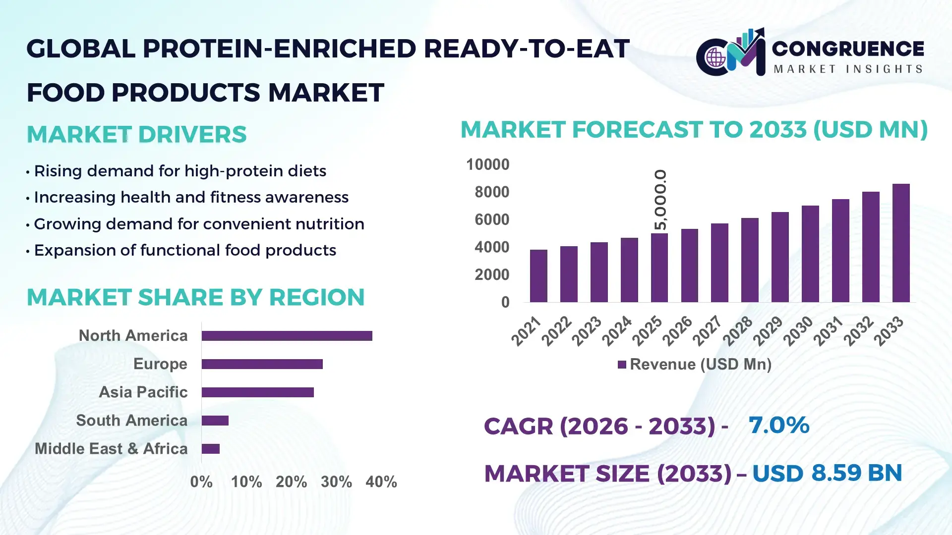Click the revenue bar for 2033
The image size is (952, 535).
tap(901, 243)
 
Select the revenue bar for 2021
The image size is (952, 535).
tap(538, 276)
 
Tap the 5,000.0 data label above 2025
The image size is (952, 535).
tap(660, 200)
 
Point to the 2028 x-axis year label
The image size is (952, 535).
tap(737, 331)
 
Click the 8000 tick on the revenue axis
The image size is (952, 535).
tap(491, 192)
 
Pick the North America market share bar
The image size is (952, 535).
tap(287, 336)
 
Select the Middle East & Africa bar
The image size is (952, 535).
tap(211, 449)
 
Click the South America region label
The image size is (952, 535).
tap(131, 421)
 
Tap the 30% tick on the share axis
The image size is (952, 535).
tap(336, 482)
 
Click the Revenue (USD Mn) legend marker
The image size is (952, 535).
tap(622, 365)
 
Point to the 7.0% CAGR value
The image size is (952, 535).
tap(778, 425)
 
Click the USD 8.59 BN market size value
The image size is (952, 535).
tap(827, 473)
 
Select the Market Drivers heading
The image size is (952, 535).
tap(136, 135)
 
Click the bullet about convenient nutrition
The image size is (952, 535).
tap(199, 224)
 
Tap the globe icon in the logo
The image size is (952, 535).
tap(715, 58)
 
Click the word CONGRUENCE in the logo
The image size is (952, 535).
tap(848, 49)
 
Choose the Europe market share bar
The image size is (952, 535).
tap(262, 364)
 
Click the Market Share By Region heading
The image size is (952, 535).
tap(195, 297)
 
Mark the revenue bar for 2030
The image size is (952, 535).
tap(810, 254)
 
